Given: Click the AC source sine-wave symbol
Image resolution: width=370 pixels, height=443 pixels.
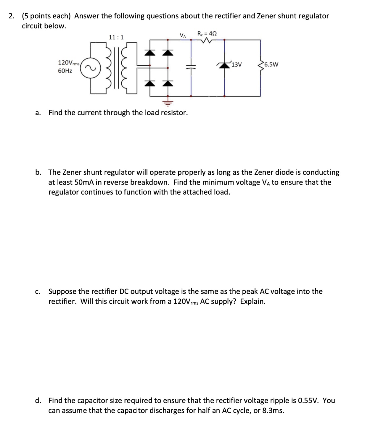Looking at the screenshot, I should point(91,68).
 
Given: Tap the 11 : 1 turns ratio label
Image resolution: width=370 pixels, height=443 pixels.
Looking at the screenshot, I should point(116,37).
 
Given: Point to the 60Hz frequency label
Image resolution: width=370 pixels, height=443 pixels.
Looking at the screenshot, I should point(65,71).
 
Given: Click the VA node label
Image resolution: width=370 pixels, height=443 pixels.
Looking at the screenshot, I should point(183,35).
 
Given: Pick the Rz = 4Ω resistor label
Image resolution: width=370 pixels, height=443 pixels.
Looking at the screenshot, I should point(207,33).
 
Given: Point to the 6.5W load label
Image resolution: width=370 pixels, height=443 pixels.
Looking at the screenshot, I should point(271,64).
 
